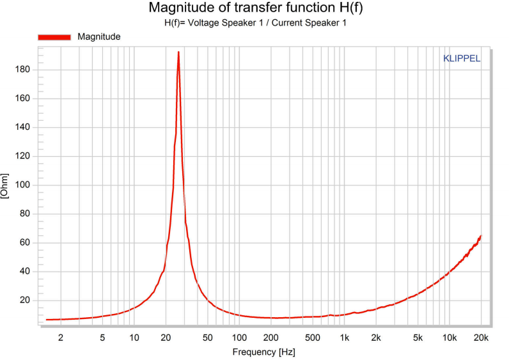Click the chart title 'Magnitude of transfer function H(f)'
[255, 8]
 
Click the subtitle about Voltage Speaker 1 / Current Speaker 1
[255, 22]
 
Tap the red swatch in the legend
[55, 37]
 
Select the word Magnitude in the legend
[99, 37]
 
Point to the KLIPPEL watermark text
[462, 58]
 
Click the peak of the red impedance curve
[178, 52]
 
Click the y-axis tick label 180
[24, 69]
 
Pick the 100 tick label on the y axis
[24, 185]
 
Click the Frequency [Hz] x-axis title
[263, 352]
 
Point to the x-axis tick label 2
[61, 337]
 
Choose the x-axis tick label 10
[134, 337]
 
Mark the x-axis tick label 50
[208, 337]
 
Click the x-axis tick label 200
[271, 337]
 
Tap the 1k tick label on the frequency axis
[345, 337]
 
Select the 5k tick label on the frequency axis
[418, 337]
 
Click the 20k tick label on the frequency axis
[481, 337]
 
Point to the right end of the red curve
[481, 236]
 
